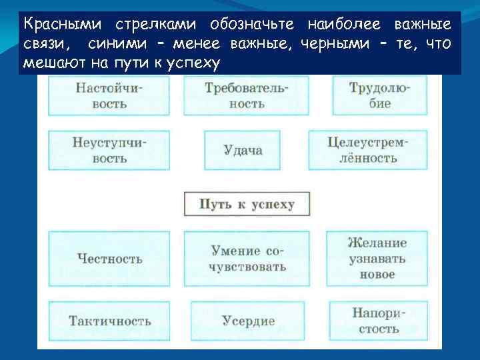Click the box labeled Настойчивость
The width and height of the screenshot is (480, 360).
coord(109,95)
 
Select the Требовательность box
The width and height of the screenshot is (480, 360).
coord(247,95)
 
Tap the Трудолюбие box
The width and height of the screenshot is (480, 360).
coord(379,95)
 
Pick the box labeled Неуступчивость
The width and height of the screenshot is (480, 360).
coord(109,150)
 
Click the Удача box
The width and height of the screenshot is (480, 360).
coord(243,150)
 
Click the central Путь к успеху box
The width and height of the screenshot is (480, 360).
coord(247,204)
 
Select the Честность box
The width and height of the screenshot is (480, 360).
coord(109,259)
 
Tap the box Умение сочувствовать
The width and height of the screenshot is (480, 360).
coord(248,259)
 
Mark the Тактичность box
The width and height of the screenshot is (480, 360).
coord(109,321)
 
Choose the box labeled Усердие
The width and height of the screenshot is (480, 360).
coord(248,321)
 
